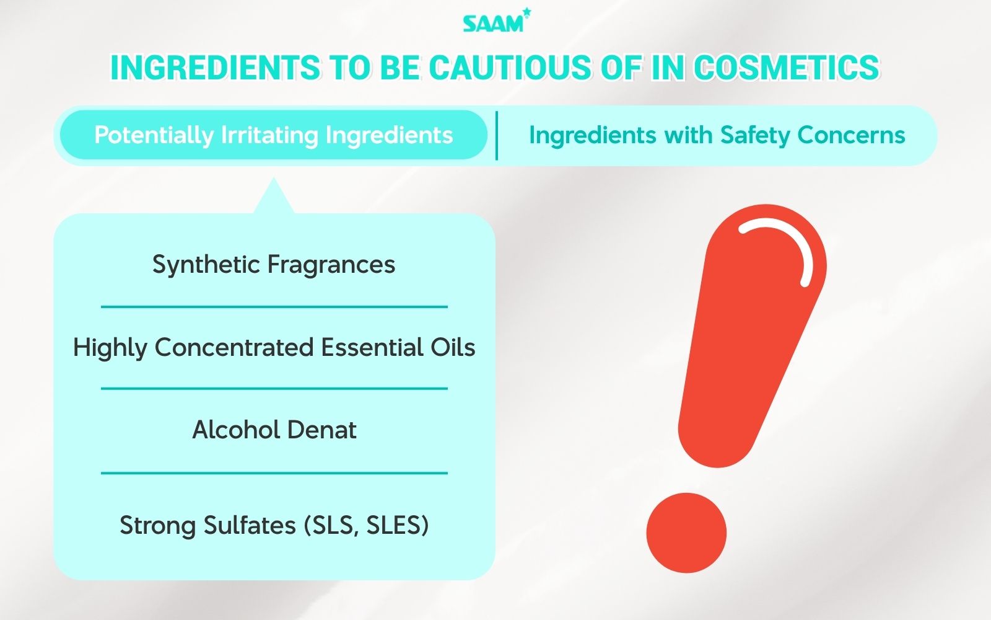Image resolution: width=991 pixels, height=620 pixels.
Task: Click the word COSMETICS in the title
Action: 786,68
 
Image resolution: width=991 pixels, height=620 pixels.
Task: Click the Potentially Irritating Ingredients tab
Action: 273,135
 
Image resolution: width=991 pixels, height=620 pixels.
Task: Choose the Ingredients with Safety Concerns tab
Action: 717,135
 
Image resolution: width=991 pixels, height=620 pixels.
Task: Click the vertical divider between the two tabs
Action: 497,136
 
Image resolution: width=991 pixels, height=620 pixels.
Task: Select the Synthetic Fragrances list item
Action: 274,265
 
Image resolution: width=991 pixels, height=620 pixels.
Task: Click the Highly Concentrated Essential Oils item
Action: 274,347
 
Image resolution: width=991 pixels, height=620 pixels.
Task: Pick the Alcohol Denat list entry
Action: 274,430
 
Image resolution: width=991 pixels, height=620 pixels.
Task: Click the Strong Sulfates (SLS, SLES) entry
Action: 274,525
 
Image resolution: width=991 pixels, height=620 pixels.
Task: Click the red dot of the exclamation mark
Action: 686,533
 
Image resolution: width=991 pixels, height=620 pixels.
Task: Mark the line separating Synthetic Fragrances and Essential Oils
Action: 274,306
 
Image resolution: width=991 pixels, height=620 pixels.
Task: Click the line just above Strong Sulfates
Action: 274,473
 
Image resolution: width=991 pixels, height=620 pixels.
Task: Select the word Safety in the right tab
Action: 755,135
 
